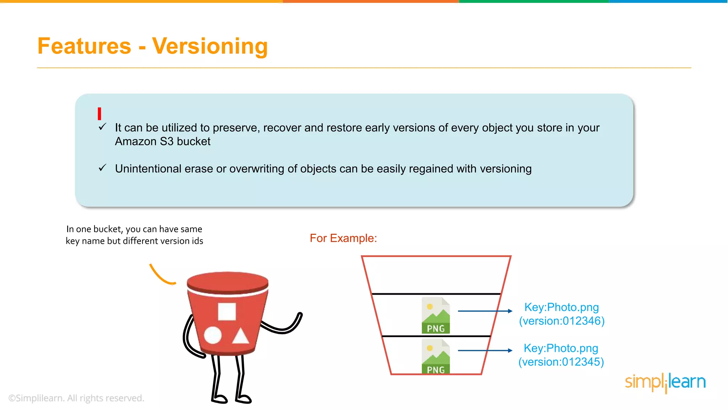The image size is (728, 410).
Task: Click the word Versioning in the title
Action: tap(210, 46)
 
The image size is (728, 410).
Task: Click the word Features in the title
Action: tap(84, 46)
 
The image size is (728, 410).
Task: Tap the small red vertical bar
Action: tap(100, 114)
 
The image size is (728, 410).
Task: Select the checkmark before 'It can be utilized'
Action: tap(102, 127)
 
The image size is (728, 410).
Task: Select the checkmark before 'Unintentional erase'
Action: tap(102, 168)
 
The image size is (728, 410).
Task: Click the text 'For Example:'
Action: tap(343, 238)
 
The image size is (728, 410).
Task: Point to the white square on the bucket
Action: tap(227, 312)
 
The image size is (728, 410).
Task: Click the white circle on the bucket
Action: tap(213, 335)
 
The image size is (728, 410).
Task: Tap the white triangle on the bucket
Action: tap(241, 336)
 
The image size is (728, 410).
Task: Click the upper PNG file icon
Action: tap(435, 315)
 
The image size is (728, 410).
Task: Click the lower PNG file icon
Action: tap(435, 356)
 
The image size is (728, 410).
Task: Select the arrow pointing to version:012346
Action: tap(485, 311)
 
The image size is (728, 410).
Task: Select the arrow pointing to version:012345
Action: tap(485, 351)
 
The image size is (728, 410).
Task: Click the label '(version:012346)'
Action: tap(562, 321)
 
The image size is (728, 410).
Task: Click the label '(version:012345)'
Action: tap(561, 362)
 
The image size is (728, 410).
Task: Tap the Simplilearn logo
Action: tap(665, 382)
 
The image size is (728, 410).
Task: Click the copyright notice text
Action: tap(76, 398)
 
